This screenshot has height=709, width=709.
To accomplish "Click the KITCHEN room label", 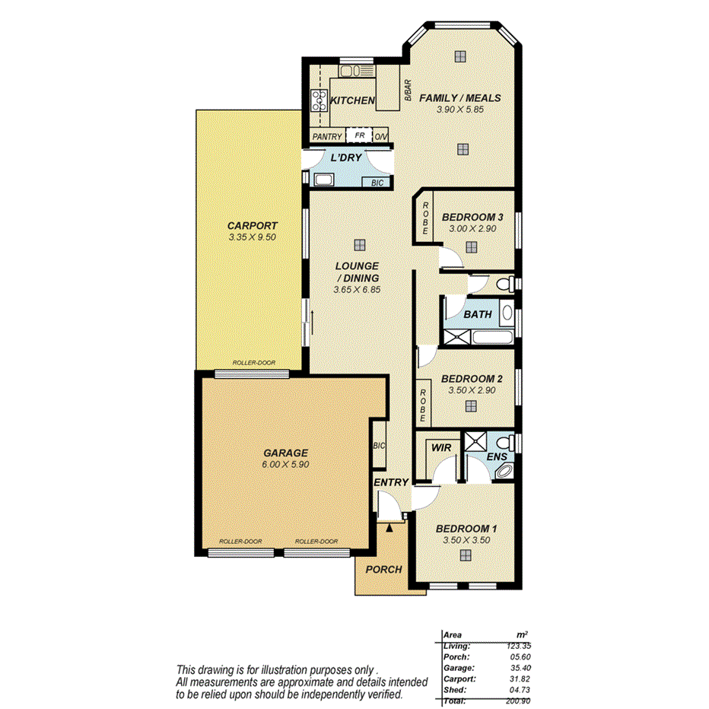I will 352,100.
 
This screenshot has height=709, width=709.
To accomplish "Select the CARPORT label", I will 252,226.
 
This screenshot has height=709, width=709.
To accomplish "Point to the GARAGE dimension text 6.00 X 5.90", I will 286,464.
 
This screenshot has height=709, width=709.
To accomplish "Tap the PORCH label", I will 383,570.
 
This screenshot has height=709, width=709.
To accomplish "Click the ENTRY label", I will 391,482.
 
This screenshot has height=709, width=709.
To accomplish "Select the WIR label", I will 440,449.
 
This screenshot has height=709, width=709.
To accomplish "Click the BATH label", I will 478,314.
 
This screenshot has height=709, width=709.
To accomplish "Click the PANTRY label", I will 327,137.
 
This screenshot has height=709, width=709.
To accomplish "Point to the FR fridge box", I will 359,136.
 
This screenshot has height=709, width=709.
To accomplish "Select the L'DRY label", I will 345,158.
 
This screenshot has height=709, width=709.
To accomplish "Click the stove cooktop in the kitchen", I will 317,100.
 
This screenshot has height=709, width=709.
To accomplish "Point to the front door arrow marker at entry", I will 389,526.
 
